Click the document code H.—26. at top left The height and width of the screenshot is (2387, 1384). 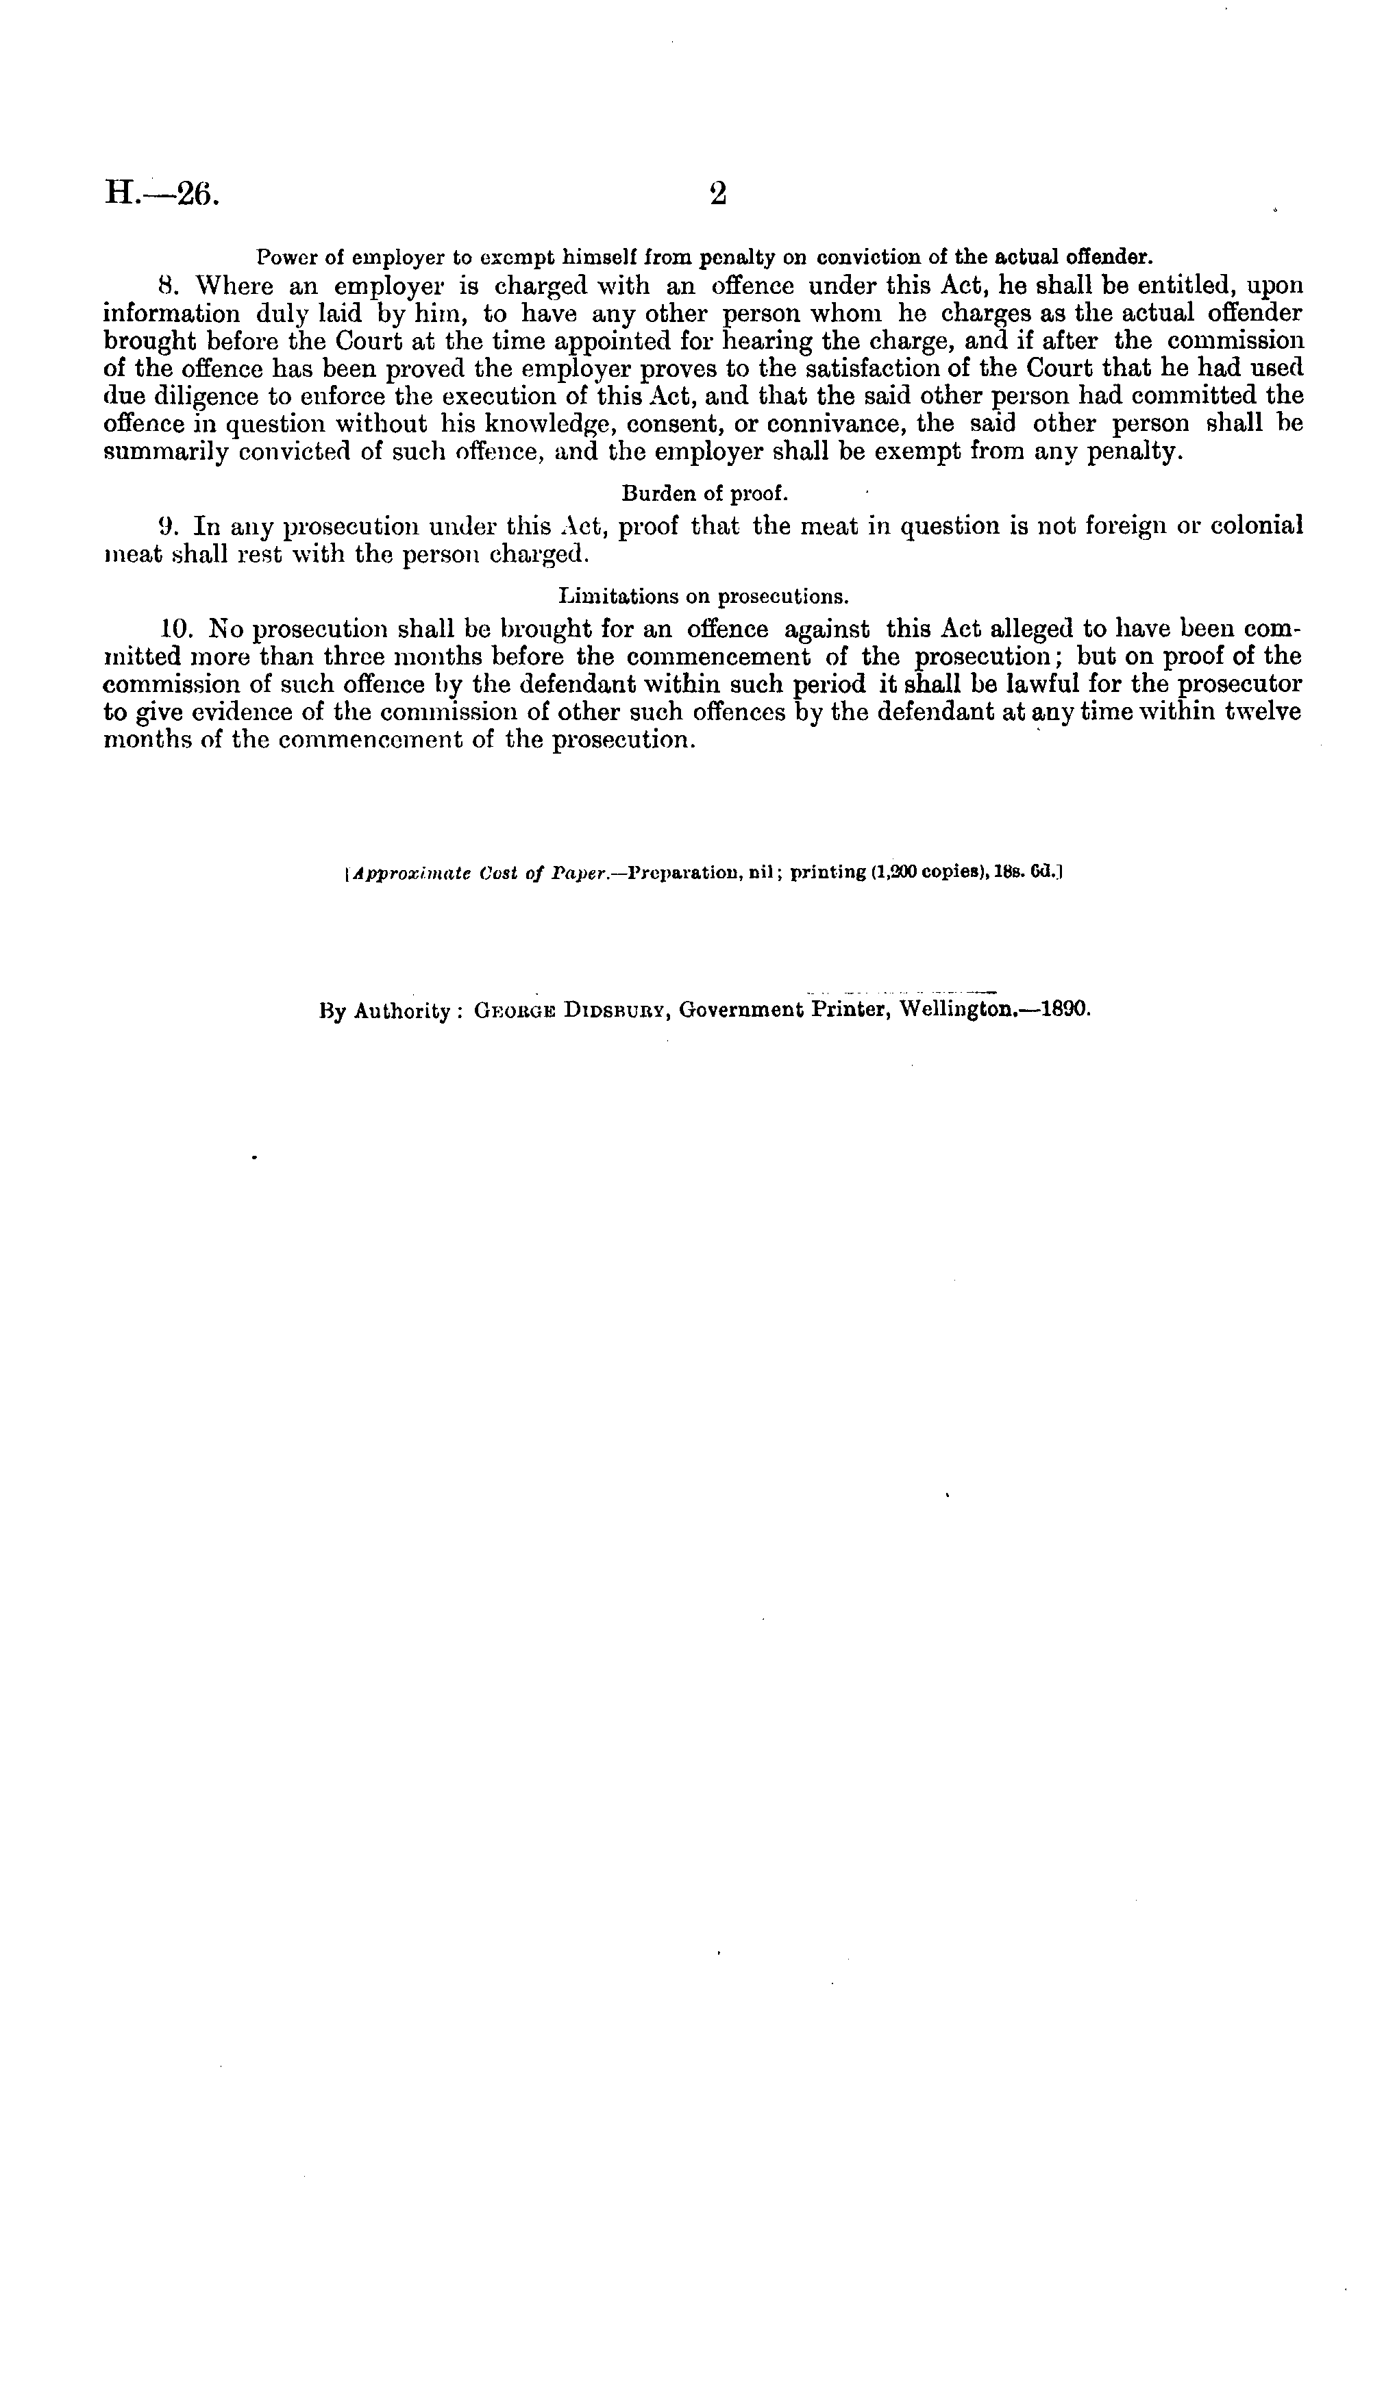click(161, 193)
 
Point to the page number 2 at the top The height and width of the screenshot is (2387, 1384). click(718, 193)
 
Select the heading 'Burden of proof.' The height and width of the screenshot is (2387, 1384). click(705, 493)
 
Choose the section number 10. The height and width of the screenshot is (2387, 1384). click(176, 628)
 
